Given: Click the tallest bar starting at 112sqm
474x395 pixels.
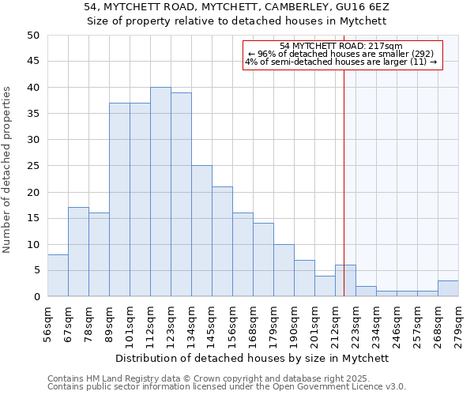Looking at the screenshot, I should (x=160, y=192).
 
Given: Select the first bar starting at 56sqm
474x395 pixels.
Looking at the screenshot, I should (x=58, y=276).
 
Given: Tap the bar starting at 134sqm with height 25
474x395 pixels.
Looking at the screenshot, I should (x=201, y=231).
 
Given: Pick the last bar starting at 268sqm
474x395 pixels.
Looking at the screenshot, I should (x=448, y=288).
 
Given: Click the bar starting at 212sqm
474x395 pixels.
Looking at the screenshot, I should (x=345, y=280).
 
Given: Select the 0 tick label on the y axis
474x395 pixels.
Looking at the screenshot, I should (x=36, y=297).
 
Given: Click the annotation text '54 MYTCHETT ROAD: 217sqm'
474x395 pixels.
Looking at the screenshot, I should (x=341, y=46).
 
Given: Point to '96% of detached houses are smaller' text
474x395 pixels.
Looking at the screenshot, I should (x=341, y=54).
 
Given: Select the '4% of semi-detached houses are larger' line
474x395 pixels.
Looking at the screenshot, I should (x=341, y=62).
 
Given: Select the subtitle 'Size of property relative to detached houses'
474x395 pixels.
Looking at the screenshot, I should (x=237, y=21).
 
